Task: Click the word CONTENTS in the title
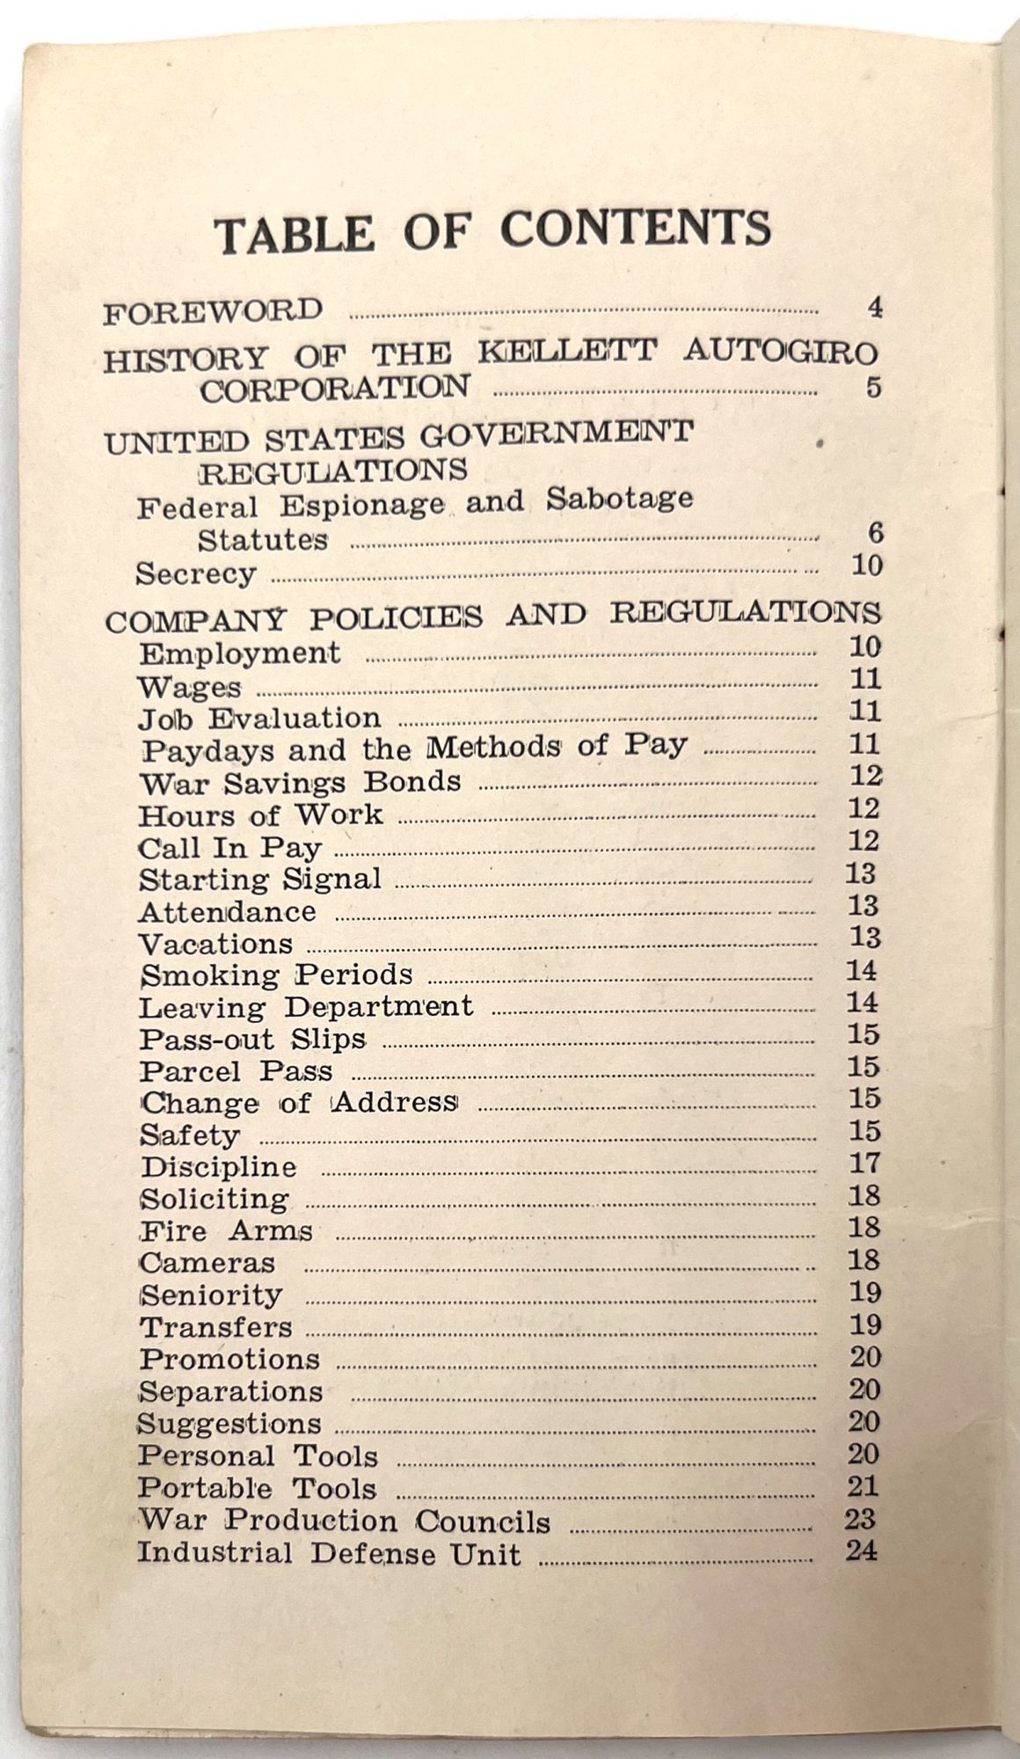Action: pyautogui.click(x=636, y=230)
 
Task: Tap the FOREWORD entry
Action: pyautogui.click(x=214, y=311)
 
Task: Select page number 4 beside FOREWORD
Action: pyautogui.click(x=873, y=308)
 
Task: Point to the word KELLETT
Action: pyautogui.click(x=567, y=352)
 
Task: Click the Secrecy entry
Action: pyautogui.click(x=196, y=573)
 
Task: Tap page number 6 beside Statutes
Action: pyautogui.click(x=874, y=533)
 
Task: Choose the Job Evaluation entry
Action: pyautogui.click(x=259, y=719)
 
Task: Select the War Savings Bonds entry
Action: pyautogui.click(x=300, y=782)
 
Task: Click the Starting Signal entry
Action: pyautogui.click(x=260, y=879)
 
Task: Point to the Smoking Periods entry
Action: pyautogui.click(x=276, y=974)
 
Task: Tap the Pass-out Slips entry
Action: pyautogui.click(x=252, y=1039)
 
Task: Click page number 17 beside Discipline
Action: pyautogui.click(x=864, y=1163)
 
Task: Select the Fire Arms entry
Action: pyautogui.click(x=226, y=1230)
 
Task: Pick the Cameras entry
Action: pyautogui.click(x=208, y=1262)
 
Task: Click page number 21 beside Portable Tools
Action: pyautogui.click(x=863, y=1485)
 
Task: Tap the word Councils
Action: pyautogui.click(x=483, y=1521)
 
